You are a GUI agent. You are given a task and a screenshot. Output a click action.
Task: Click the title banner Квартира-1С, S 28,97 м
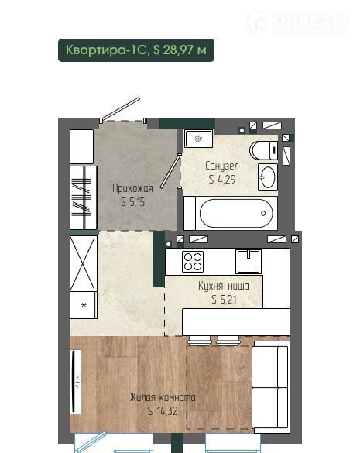(x=136, y=50)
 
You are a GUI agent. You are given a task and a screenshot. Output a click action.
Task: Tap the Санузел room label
(x=222, y=166)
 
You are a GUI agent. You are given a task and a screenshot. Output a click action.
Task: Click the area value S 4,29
(x=222, y=180)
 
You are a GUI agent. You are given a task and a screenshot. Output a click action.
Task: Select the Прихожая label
(x=132, y=188)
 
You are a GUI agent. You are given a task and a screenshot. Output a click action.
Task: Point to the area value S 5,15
(x=132, y=201)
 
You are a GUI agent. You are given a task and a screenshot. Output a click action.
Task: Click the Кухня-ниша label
(x=223, y=286)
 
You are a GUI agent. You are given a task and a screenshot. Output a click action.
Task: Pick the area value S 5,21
(x=224, y=300)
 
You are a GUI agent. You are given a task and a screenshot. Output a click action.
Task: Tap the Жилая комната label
(x=163, y=397)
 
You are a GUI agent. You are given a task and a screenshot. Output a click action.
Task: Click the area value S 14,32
(x=163, y=410)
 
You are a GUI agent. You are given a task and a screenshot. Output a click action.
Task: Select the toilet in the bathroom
(x=263, y=150)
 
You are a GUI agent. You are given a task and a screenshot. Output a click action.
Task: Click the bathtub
(x=236, y=213)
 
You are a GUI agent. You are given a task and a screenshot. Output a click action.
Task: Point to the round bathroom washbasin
(x=268, y=177)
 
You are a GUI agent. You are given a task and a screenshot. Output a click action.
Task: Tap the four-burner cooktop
(x=193, y=262)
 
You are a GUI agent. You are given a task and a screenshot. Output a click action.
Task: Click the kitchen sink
(x=249, y=262)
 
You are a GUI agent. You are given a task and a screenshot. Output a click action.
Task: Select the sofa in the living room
(x=271, y=387)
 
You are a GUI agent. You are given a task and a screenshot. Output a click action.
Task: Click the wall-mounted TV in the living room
(x=75, y=381)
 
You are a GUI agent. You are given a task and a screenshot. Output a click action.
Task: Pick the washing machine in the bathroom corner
(x=199, y=139)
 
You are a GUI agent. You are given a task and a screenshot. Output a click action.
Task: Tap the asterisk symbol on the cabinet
(x=84, y=304)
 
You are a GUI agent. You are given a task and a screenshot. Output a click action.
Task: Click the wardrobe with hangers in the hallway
(x=83, y=197)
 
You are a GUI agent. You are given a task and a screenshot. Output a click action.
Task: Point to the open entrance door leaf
(x=122, y=108)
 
